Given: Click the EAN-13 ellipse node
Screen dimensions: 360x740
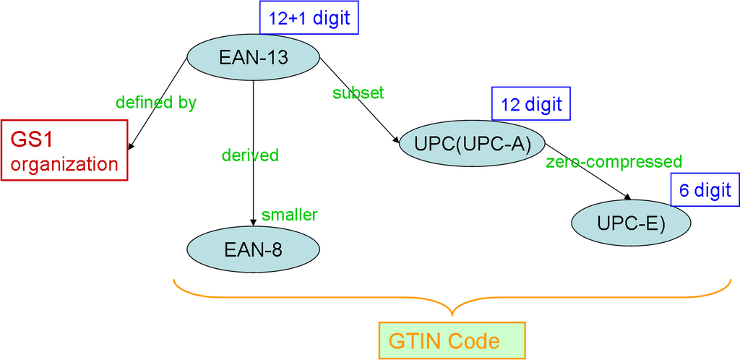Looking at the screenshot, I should pos(254,57).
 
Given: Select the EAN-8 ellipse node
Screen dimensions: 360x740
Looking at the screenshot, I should pos(253,249).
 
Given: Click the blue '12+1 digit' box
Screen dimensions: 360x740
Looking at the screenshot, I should pos(309,18).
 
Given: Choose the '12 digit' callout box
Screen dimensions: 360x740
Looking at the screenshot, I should pos(531,104).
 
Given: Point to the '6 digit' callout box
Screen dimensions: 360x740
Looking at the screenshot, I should pos(705,191).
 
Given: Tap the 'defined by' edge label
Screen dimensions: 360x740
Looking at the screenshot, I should pos(155,103).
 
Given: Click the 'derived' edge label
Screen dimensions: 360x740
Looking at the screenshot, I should pos(250,155).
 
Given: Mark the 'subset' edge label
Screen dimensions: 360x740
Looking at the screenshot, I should pos(358,93).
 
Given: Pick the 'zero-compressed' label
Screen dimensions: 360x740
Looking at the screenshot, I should pos(614,160).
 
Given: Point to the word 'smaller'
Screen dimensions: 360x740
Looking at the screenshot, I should pos(290,214).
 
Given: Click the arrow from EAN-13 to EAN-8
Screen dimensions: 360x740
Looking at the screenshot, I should pos(254,181).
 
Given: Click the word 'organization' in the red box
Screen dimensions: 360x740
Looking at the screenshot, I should pos(64,164).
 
